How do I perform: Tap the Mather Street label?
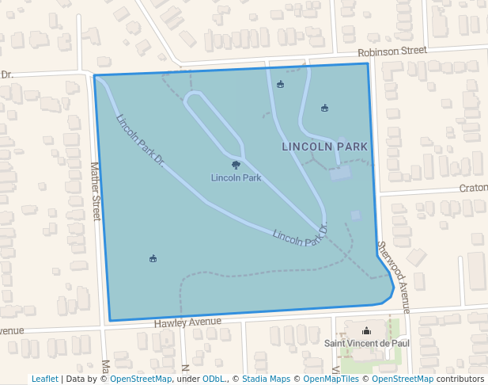point(96,191)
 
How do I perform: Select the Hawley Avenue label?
point(187,322)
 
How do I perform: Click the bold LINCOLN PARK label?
point(324,147)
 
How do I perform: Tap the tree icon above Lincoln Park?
point(236,165)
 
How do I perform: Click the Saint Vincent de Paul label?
point(367,344)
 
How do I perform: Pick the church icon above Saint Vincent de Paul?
point(365,331)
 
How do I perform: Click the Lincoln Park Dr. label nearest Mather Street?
point(140,140)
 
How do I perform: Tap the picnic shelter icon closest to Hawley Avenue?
point(153,258)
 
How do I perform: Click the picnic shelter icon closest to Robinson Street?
point(280,84)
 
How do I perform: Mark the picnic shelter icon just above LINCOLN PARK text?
point(324,108)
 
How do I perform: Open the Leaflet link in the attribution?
point(44,379)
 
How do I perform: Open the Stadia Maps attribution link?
point(265,379)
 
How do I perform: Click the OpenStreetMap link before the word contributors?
point(403,379)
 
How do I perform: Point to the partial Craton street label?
point(473,189)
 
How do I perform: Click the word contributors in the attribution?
point(460,379)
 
